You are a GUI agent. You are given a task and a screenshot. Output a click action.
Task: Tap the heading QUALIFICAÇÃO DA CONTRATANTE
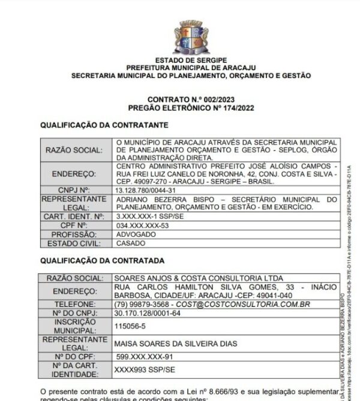104,125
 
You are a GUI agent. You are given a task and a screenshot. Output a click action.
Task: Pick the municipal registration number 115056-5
131,326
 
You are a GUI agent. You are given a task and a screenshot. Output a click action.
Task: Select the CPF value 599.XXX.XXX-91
144,357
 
